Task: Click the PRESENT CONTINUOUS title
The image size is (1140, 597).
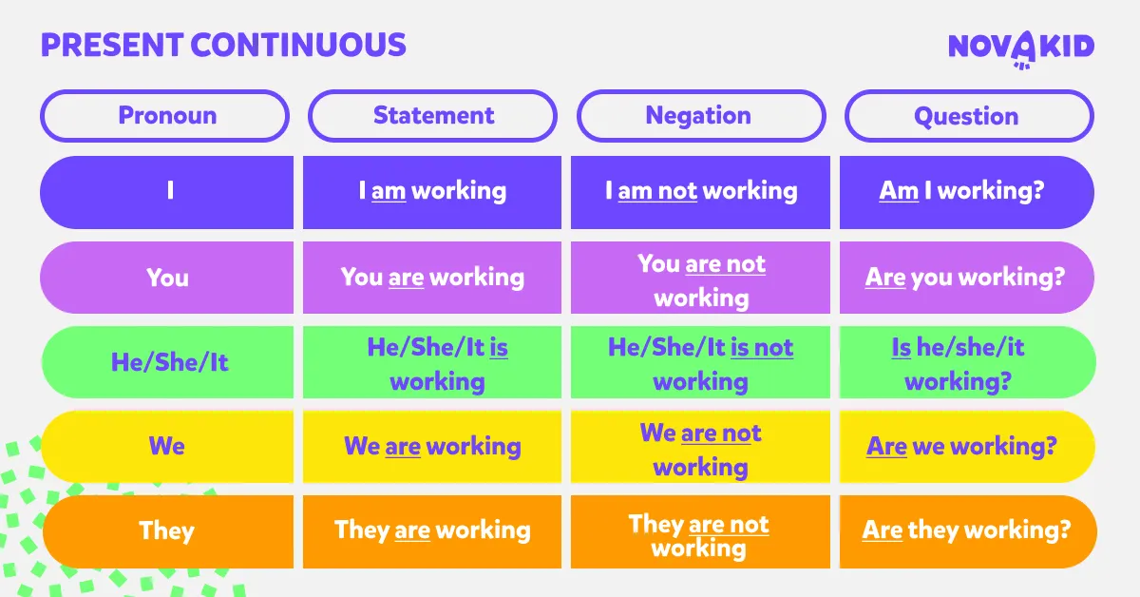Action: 223,45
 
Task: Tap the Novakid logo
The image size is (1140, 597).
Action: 1021,48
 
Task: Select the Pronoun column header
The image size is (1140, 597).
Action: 165,116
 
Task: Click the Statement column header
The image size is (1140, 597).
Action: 432,116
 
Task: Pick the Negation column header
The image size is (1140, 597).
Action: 701,116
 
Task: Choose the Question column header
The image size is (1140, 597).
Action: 969,116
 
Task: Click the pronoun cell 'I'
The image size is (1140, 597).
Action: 167,192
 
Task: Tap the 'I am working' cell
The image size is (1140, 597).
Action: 432,192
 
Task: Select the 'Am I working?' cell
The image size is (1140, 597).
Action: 967,192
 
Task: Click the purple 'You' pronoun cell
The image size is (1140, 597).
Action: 167,278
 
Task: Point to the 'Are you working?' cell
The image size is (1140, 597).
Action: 967,278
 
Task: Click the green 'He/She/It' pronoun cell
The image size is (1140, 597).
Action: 167,362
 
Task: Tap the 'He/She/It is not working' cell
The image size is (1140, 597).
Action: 700,362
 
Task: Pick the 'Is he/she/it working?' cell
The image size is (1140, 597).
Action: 967,362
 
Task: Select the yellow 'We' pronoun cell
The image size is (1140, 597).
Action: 167,447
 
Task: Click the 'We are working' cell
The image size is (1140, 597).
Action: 432,447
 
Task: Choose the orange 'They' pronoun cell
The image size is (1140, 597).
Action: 168,531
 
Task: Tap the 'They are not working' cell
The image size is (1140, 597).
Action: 700,531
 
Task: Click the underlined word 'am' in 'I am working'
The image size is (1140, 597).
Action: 389,191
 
